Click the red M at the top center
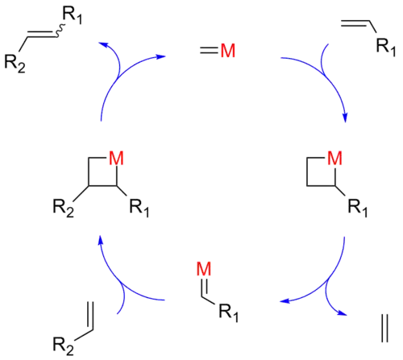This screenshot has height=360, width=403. click(228, 52)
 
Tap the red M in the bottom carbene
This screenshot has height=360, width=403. click(204, 269)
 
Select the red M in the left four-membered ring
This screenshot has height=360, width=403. click(115, 157)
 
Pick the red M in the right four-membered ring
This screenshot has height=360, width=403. click(334, 157)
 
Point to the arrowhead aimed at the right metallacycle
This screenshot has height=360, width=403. click(345, 121)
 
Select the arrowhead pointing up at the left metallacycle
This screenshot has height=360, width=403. click(101, 238)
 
